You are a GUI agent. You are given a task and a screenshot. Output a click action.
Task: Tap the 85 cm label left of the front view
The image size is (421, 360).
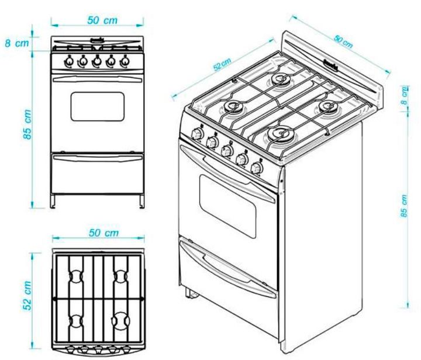(x=27, y=124)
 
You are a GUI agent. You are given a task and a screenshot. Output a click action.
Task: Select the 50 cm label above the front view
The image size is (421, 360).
(x=102, y=20)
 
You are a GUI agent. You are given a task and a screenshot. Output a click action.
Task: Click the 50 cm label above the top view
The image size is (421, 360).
(x=103, y=233)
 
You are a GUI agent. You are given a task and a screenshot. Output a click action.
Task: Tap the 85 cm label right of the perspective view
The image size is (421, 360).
(x=405, y=206)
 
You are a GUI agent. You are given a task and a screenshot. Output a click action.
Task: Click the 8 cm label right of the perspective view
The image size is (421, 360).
(x=405, y=96)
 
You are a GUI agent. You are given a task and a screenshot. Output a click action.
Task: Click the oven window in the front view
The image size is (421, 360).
(x=98, y=106)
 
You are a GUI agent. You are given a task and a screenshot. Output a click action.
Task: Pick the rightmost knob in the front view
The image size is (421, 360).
(x=125, y=60)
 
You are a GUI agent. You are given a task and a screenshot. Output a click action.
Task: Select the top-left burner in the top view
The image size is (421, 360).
(x=75, y=275)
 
